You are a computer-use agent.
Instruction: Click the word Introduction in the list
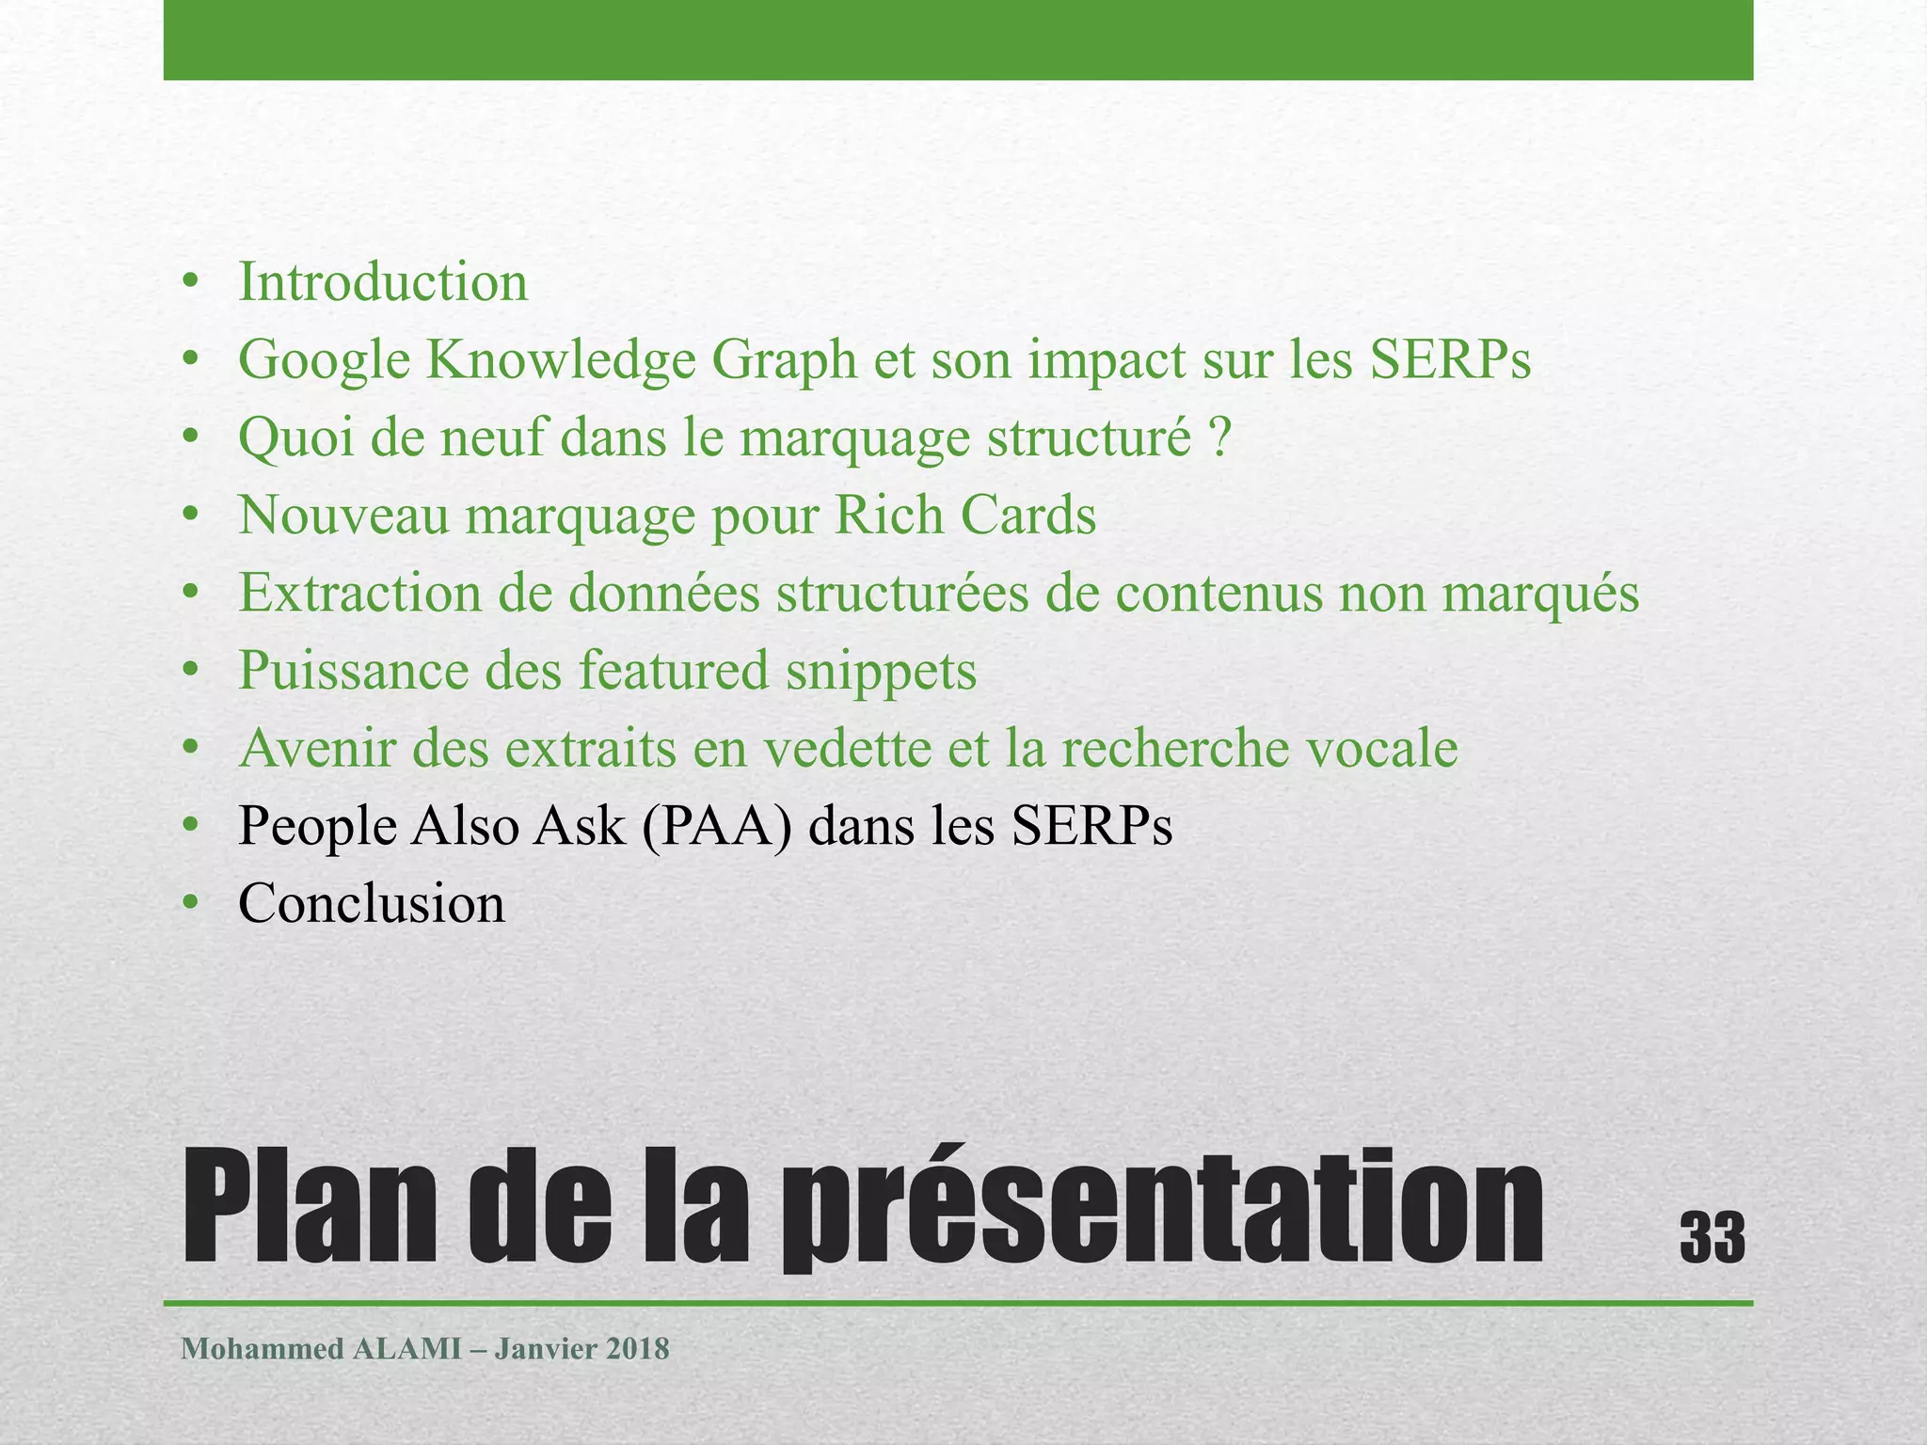coord(382,282)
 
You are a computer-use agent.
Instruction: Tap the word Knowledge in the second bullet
coord(561,360)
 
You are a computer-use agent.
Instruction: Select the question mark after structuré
coord(1220,437)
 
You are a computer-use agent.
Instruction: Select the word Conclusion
coord(372,904)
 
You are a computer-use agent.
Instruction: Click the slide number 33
coord(1712,1238)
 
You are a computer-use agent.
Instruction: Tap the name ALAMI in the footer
coord(406,1349)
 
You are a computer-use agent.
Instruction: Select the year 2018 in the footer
coord(637,1349)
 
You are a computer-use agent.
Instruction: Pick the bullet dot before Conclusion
coord(192,904)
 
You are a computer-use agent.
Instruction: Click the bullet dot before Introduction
coord(192,283)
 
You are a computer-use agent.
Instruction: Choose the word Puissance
coord(353,672)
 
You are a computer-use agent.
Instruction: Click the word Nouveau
coord(343,516)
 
